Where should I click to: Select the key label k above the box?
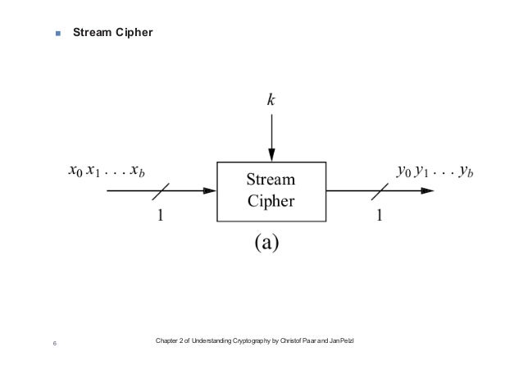[271, 101]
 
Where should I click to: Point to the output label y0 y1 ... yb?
[434, 172]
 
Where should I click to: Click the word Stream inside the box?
[272, 180]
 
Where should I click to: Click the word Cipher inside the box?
[272, 201]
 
